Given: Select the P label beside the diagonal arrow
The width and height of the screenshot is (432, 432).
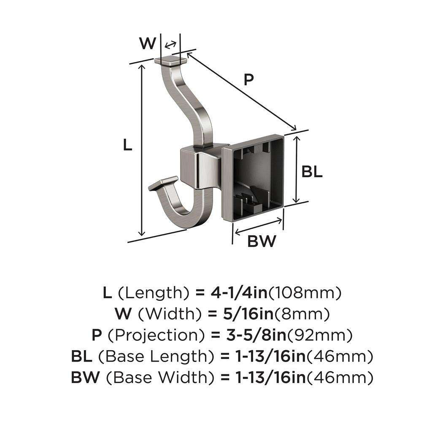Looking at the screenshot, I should (x=249, y=79).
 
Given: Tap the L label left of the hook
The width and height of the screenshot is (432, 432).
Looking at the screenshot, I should (x=127, y=145).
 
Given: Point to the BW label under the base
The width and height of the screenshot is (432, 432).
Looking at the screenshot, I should (x=261, y=242).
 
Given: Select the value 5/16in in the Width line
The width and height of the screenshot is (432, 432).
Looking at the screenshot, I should (x=245, y=314).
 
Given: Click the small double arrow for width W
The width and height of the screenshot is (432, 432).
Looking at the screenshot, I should (x=170, y=45).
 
